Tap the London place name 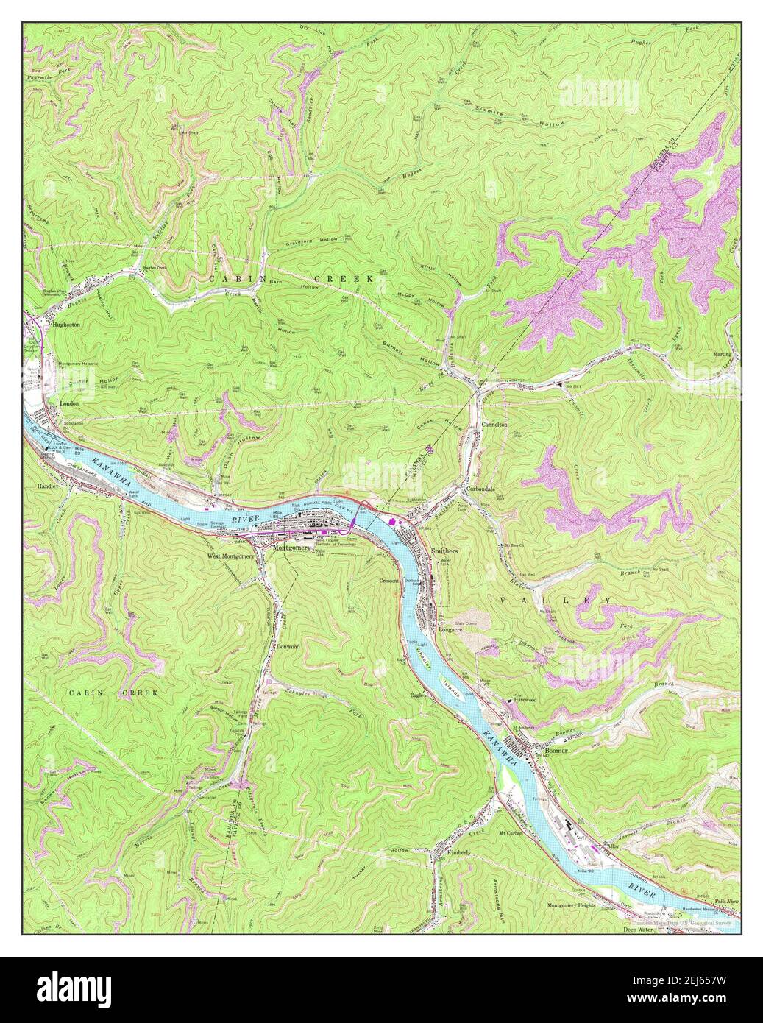69,404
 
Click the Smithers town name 444,551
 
